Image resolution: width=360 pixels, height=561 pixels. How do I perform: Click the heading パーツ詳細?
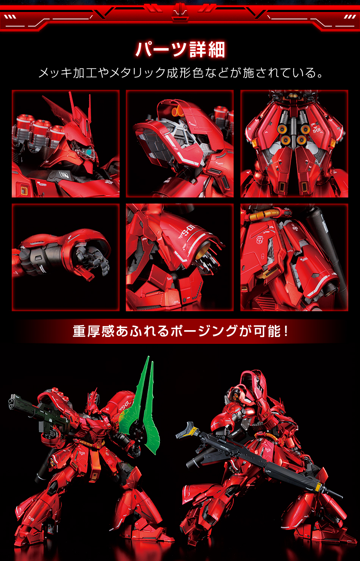(180, 50)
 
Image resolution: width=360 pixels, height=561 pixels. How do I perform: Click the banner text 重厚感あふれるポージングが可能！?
(180, 331)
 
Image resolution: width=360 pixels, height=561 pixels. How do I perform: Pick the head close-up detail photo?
(66, 144)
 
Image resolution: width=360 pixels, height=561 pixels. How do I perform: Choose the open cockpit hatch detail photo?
(180, 144)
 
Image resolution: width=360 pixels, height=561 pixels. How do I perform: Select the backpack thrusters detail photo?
(294, 144)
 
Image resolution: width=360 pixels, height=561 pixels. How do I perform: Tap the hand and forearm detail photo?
(66, 257)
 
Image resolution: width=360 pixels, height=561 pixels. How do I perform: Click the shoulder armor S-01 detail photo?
(180, 257)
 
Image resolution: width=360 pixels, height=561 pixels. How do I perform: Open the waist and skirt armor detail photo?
(294, 257)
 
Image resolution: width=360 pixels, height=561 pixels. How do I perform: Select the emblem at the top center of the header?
(180, 11)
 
